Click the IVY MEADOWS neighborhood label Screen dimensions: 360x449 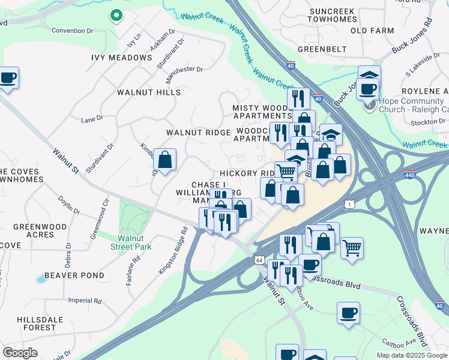122,58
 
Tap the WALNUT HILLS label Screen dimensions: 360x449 149,92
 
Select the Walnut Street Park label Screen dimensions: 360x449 131,242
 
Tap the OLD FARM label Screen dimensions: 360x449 372,30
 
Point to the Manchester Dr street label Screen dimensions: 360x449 184,70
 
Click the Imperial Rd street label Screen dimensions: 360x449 83,301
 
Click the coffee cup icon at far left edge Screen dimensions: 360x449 8,79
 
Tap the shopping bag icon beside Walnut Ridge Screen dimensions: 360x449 164,160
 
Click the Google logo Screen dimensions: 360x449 20,353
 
